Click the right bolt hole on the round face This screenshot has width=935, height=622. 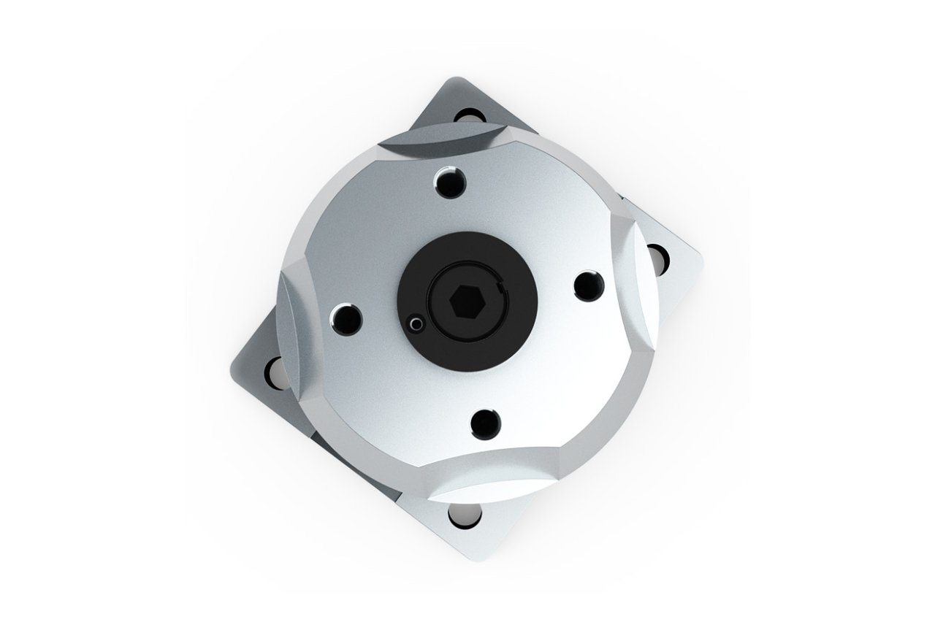(587, 285)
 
